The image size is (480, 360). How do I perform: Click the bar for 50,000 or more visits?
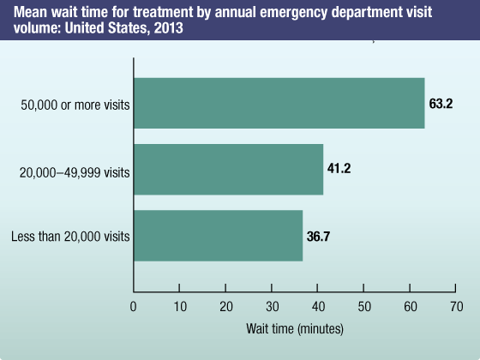point(279,103)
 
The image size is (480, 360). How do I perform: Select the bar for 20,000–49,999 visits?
point(228,169)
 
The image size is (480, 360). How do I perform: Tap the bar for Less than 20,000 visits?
point(218,235)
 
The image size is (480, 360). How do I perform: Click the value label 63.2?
point(441,104)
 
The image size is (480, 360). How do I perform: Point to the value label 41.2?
point(339,169)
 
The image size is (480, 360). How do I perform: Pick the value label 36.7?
point(318,235)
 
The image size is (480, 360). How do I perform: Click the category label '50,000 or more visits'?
point(75,106)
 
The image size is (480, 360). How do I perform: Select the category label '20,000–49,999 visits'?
point(75,172)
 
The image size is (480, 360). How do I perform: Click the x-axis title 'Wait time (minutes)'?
point(294,328)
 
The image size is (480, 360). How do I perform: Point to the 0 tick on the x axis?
point(134,306)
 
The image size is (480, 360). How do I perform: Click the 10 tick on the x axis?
point(179,306)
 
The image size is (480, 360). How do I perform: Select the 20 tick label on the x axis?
point(225,306)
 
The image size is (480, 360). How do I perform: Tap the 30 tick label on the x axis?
point(272,306)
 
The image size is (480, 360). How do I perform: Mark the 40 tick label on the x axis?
point(318,306)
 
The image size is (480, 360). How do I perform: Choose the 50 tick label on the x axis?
point(364,306)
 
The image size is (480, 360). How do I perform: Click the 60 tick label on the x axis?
point(411,306)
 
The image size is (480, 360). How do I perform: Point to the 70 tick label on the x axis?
point(456,306)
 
